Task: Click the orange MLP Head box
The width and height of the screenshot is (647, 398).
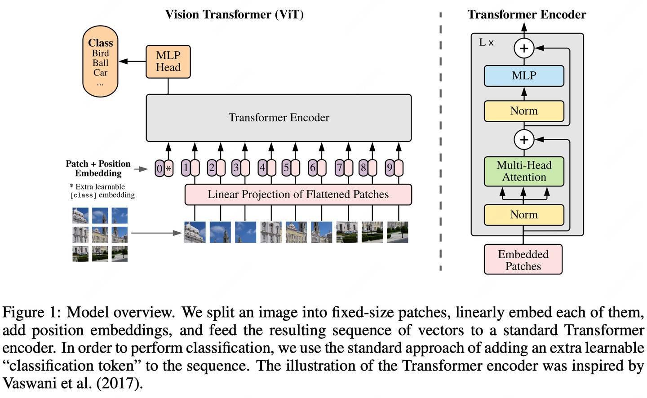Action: pyautogui.click(x=168, y=62)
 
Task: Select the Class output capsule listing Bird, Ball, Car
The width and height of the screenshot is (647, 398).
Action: pyautogui.click(x=100, y=62)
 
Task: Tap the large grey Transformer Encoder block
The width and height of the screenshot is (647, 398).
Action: pyautogui.click(x=279, y=118)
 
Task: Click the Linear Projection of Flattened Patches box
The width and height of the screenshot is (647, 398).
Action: pyautogui.click(x=298, y=195)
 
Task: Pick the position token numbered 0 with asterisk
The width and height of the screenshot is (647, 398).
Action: pyautogui.click(x=164, y=168)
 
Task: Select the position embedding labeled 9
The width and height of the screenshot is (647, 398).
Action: pyautogui.click(x=394, y=168)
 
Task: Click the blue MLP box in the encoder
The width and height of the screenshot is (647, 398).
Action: pyautogui.click(x=524, y=76)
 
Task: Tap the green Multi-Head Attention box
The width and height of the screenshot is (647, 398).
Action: pyautogui.click(x=524, y=171)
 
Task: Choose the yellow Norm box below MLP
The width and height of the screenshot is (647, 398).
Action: pyautogui.click(x=524, y=111)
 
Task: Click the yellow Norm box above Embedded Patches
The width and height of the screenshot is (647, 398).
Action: pyautogui.click(x=524, y=215)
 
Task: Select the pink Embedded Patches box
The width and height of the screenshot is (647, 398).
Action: pyautogui.click(x=523, y=260)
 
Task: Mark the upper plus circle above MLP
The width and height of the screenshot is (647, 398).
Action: pyautogui.click(x=524, y=48)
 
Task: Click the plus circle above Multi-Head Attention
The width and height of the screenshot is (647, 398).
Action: pyautogui.click(x=524, y=140)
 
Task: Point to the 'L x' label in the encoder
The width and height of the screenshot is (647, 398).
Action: pyautogui.click(x=486, y=43)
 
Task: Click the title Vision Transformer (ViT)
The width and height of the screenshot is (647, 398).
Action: pyautogui.click(x=234, y=14)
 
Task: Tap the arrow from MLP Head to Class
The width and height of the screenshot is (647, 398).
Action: pyautogui.click(x=132, y=62)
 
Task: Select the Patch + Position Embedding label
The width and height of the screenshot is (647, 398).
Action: pyautogui.click(x=98, y=168)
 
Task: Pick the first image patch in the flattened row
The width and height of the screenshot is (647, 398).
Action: pyautogui.click(x=195, y=232)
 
